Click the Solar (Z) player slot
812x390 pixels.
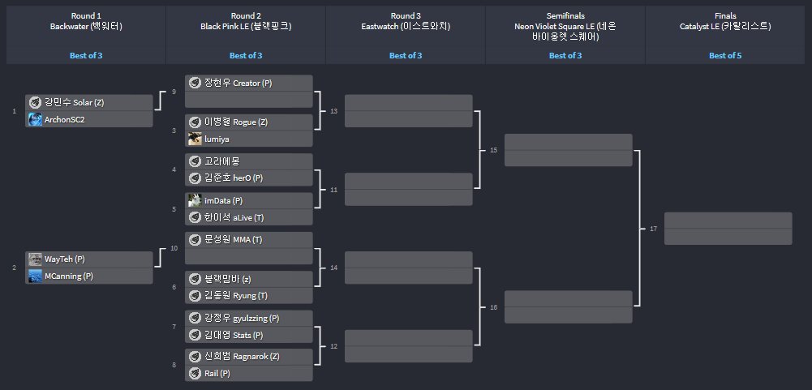click(x=89, y=103)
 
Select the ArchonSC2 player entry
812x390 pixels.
click(x=89, y=119)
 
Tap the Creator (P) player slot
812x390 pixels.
click(x=249, y=84)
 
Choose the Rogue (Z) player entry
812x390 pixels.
click(x=249, y=122)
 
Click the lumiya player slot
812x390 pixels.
click(x=249, y=139)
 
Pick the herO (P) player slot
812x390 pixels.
click(x=249, y=178)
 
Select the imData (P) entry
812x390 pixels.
click(x=249, y=200)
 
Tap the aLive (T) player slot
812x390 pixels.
click(x=249, y=216)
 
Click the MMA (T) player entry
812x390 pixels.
click(x=249, y=240)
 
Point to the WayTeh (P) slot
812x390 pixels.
click(x=89, y=259)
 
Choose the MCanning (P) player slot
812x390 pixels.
click(x=89, y=276)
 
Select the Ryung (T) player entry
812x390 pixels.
click(x=249, y=295)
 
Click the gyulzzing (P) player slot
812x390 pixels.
click(x=249, y=318)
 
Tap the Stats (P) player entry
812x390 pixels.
click(x=249, y=334)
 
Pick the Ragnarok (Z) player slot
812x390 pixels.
click(x=249, y=357)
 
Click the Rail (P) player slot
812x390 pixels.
click(x=249, y=373)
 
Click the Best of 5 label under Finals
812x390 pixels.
click(x=725, y=55)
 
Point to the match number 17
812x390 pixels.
click(x=654, y=229)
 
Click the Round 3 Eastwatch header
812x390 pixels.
click(x=406, y=21)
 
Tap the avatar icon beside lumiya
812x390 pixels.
click(x=195, y=139)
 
